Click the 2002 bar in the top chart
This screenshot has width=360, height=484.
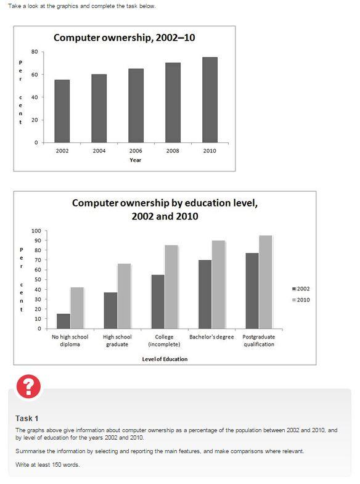coord(62,111)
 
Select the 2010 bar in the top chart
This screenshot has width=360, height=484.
coord(210,100)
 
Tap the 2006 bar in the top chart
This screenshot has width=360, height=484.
coord(136,105)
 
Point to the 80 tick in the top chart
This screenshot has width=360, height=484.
coord(35,52)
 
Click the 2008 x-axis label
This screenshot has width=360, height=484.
coord(173,150)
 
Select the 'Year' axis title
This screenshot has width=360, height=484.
coord(136,160)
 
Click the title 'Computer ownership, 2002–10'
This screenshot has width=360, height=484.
coord(125,38)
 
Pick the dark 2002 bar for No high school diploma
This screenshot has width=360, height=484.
coord(63,321)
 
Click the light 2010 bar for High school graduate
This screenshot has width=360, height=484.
coord(124,296)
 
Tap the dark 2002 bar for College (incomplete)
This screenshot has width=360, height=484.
coord(158,301)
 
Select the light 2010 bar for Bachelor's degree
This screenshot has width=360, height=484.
coord(218,284)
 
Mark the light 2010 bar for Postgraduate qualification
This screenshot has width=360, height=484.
coord(266,282)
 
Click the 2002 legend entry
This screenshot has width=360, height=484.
coord(301,289)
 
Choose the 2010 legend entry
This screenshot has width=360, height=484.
coord(301,300)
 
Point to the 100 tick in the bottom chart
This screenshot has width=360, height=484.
coord(36,231)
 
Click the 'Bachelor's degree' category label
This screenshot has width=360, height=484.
coord(211,337)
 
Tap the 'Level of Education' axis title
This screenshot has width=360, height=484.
coord(165,359)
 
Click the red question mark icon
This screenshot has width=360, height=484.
coord(29,386)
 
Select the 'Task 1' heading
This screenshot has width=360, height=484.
coord(27,418)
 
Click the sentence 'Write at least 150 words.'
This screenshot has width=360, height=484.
coord(47,464)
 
